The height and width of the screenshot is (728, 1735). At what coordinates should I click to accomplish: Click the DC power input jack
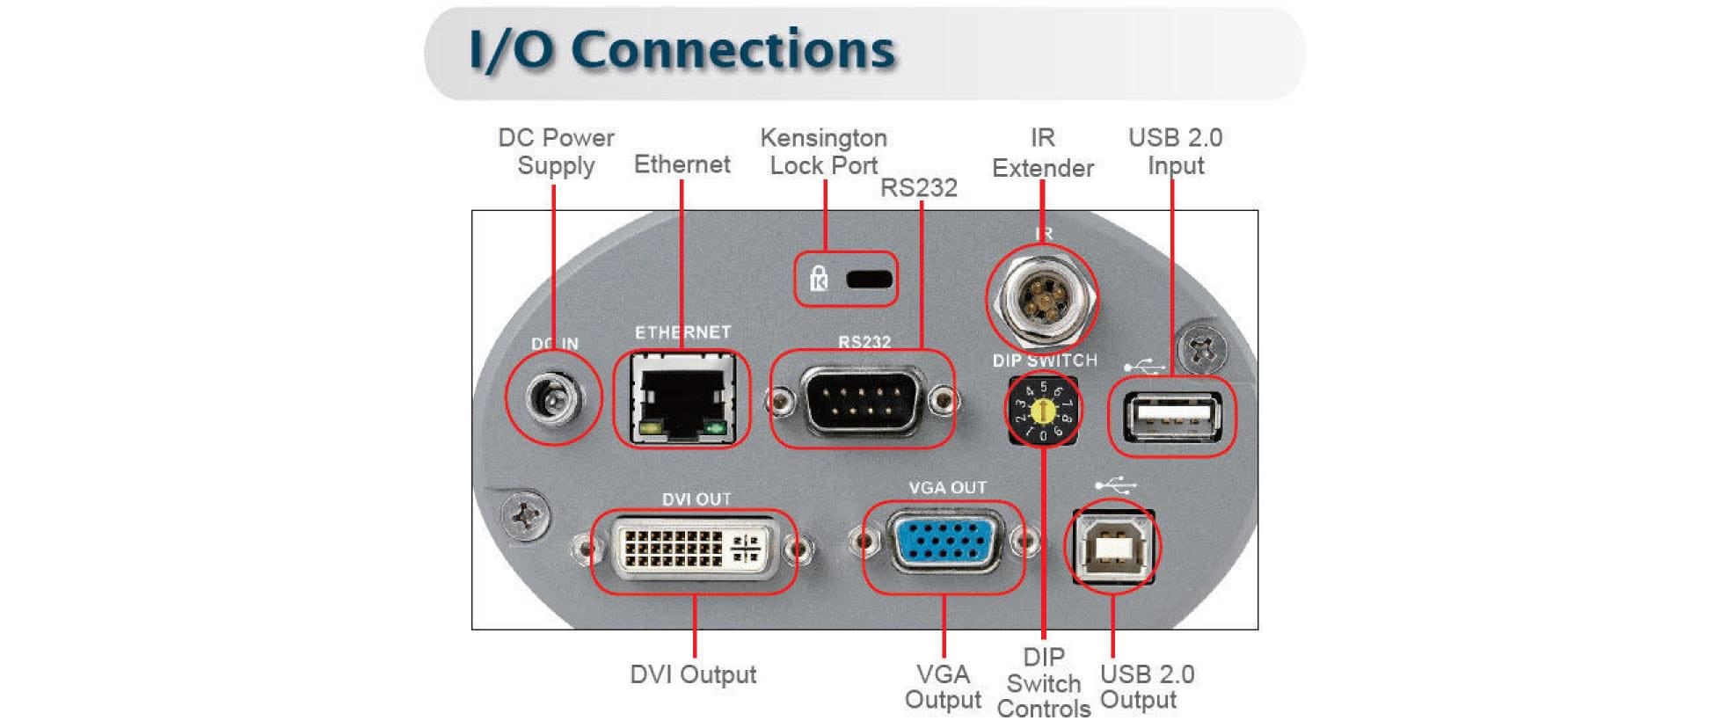[553, 400]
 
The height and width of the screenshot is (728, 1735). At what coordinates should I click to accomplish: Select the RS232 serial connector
[863, 401]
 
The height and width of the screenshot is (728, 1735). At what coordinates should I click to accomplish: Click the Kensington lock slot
[869, 280]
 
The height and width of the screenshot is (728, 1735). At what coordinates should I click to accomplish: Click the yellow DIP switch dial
[1043, 410]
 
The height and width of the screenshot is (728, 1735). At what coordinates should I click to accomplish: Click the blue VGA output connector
[944, 542]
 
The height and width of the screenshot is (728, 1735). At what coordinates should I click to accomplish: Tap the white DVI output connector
[694, 549]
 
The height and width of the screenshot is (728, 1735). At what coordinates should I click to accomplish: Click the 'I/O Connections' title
[682, 50]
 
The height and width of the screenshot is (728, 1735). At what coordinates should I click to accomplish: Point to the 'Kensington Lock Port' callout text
[824, 152]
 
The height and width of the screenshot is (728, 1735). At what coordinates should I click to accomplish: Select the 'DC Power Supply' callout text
[556, 152]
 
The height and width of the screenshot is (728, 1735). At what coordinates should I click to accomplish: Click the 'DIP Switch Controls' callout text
[1044, 683]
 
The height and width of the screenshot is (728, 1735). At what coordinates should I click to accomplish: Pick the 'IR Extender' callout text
[1043, 153]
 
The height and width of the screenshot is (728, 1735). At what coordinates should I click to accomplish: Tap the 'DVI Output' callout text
[693, 674]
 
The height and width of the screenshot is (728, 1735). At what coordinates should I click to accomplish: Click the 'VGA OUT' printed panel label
[947, 488]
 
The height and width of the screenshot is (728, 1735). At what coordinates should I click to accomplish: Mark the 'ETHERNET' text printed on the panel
[682, 332]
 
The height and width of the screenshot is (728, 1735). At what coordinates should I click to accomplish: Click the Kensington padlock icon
[819, 279]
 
